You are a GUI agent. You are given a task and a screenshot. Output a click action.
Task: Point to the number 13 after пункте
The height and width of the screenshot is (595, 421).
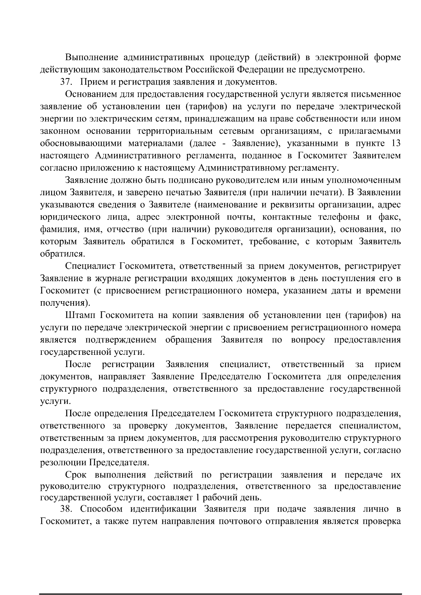coord(395,143)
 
